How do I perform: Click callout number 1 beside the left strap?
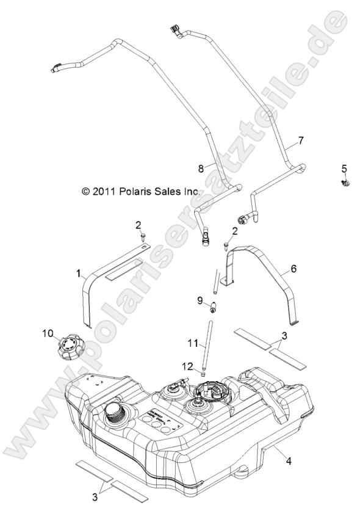pyautogui.click(x=79, y=274)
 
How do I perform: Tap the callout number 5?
pyautogui.click(x=344, y=168)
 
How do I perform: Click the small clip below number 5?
pyautogui.click(x=345, y=183)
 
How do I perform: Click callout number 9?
pyautogui.click(x=200, y=300)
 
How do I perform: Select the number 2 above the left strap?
pyautogui.click(x=138, y=225)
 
